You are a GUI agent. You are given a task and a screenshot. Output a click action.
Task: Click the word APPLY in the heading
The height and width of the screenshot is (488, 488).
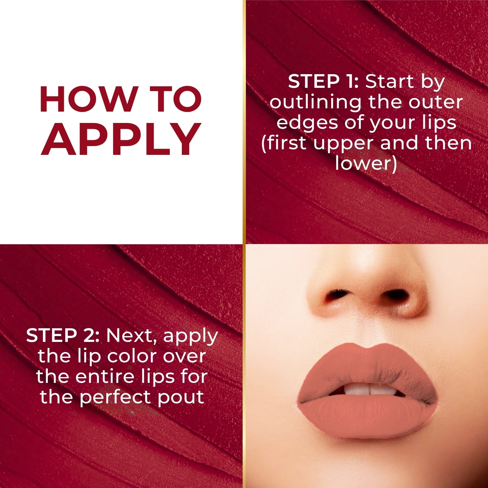click(x=121, y=139)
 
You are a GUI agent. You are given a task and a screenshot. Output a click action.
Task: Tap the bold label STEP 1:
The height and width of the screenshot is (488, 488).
click(x=323, y=81)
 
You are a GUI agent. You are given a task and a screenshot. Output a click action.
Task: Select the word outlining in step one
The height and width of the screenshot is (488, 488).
click(x=315, y=102)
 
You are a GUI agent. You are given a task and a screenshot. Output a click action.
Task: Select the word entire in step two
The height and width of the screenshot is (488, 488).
click(x=106, y=376)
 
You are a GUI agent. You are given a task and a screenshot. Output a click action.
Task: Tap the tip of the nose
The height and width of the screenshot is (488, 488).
click(x=366, y=286)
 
